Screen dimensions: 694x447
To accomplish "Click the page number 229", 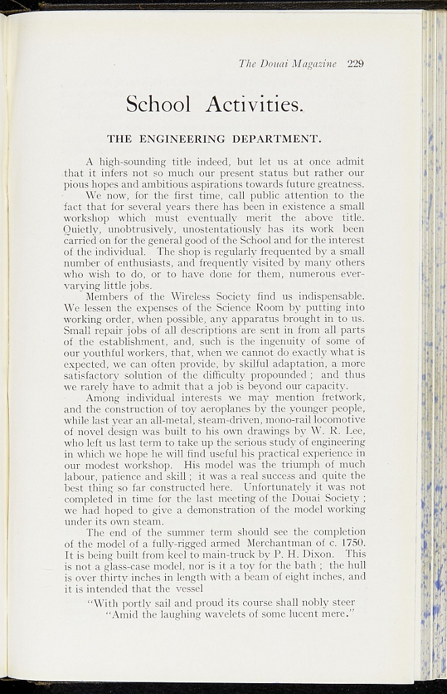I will tap(356, 64).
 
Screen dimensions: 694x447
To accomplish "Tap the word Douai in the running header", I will tap(272, 64).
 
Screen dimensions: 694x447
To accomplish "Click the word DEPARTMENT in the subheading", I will tap(276, 140).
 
